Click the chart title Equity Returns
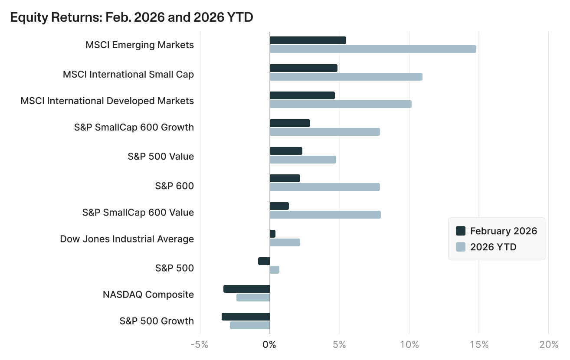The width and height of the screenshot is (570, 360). pyautogui.click(x=131, y=17)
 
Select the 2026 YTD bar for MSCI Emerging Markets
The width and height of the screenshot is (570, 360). pyautogui.click(x=373, y=49)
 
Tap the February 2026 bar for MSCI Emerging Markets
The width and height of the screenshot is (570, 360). pyautogui.click(x=308, y=40)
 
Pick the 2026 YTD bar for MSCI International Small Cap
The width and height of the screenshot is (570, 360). pyautogui.click(x=346, y=77)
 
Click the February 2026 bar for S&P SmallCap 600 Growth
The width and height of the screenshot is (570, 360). pyautogui.click(x=290, y=123)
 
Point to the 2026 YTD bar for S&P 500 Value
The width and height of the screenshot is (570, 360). pyautogui.click(x=303, y=160)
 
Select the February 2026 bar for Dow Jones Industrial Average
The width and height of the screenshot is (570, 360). pyautogui.click(x=272, y=234)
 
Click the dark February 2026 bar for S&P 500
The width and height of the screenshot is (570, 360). pyautogui.click(x=264, y=261)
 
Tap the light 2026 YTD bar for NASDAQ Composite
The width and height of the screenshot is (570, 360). pyautogui.click(x=253, y=298)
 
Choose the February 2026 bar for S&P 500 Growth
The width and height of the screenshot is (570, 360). pyautogui.click(x=246, y=317)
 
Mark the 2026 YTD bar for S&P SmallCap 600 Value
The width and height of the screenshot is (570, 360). pyautogui.click(x=325, y=215)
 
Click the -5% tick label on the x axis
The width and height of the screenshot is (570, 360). pyautogui.click(x=200, y=345)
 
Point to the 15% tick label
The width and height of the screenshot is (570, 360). pyautogui.click(x=479, y=345)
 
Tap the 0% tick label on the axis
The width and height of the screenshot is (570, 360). pyautogui.click(x=269, y=345)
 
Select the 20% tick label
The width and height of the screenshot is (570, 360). pyautogui.click(x=549, y=345)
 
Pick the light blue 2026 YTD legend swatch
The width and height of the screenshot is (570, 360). pyautogui.click(x=461, y=247)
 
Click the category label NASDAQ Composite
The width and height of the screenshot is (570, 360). pyautogui.click(x=148, y=295)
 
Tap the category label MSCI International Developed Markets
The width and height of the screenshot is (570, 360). pyautogui.click(x=107, y=101)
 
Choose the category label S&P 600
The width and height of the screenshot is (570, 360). pyautogui.click(x=174, y=186)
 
